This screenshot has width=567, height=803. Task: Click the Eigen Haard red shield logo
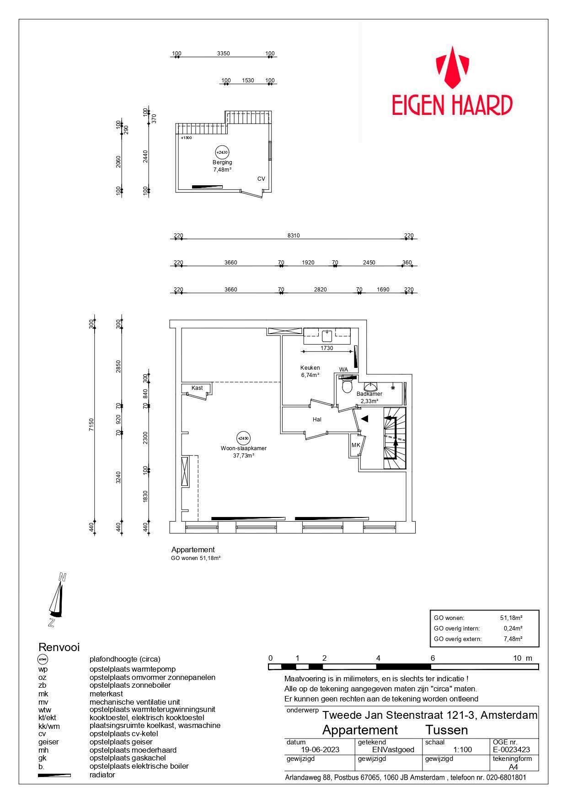click(452, 67)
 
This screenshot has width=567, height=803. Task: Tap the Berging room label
click(222, 162)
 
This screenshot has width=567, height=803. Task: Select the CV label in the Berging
click(261, 179)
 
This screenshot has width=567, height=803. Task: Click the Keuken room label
click(310, 368)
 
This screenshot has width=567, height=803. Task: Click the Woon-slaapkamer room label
click(243, 448)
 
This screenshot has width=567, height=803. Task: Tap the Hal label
click(317, 419)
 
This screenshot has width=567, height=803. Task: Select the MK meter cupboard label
click(356, 445)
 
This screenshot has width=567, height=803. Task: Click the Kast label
click(197, 388)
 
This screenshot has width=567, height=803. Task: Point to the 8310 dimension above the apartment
click(294, 236)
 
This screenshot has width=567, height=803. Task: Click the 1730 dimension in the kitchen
click(327, 348)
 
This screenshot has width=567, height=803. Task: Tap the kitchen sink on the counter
click(327, 335)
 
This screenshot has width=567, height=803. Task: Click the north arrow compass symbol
click(56, 599)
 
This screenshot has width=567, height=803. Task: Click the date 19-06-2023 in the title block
click(321, 749)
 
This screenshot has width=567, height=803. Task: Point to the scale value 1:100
click(462, 749)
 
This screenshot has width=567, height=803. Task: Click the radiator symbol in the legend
click(54, 775)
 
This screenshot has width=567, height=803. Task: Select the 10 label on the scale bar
click(517, 658)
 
